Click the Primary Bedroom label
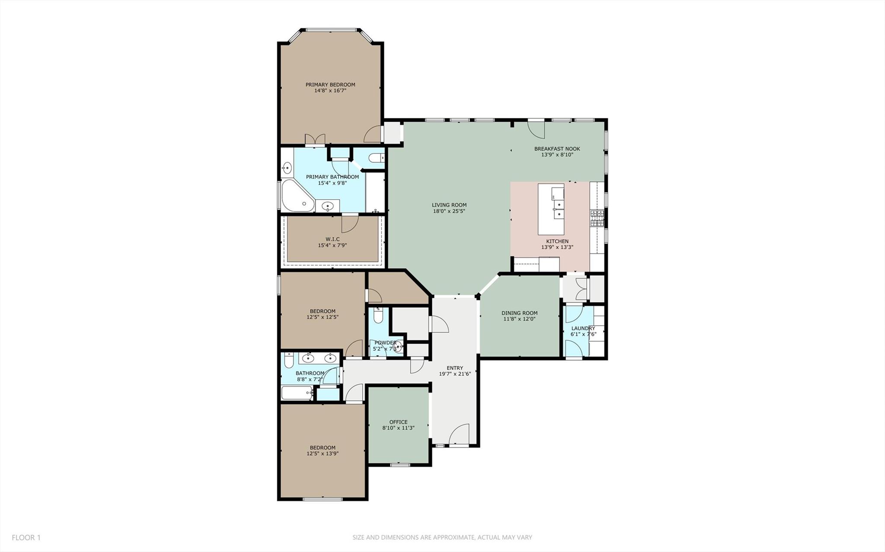pos(330,85)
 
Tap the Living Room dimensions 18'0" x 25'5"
pos(449,211)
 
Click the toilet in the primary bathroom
pos(376,158)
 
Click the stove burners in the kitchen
pos(597,218)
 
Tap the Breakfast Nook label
pos(557,149)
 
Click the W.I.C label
pos(332,239)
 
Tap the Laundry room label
pos(583,328)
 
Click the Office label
pos(398,422)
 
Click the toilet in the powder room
pos(378,316)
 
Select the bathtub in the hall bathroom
pos(297,393)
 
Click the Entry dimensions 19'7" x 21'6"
pos(454,374)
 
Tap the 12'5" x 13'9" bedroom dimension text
pos(323,454)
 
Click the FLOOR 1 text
pos(26,537)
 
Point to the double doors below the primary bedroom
pos(315,140)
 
